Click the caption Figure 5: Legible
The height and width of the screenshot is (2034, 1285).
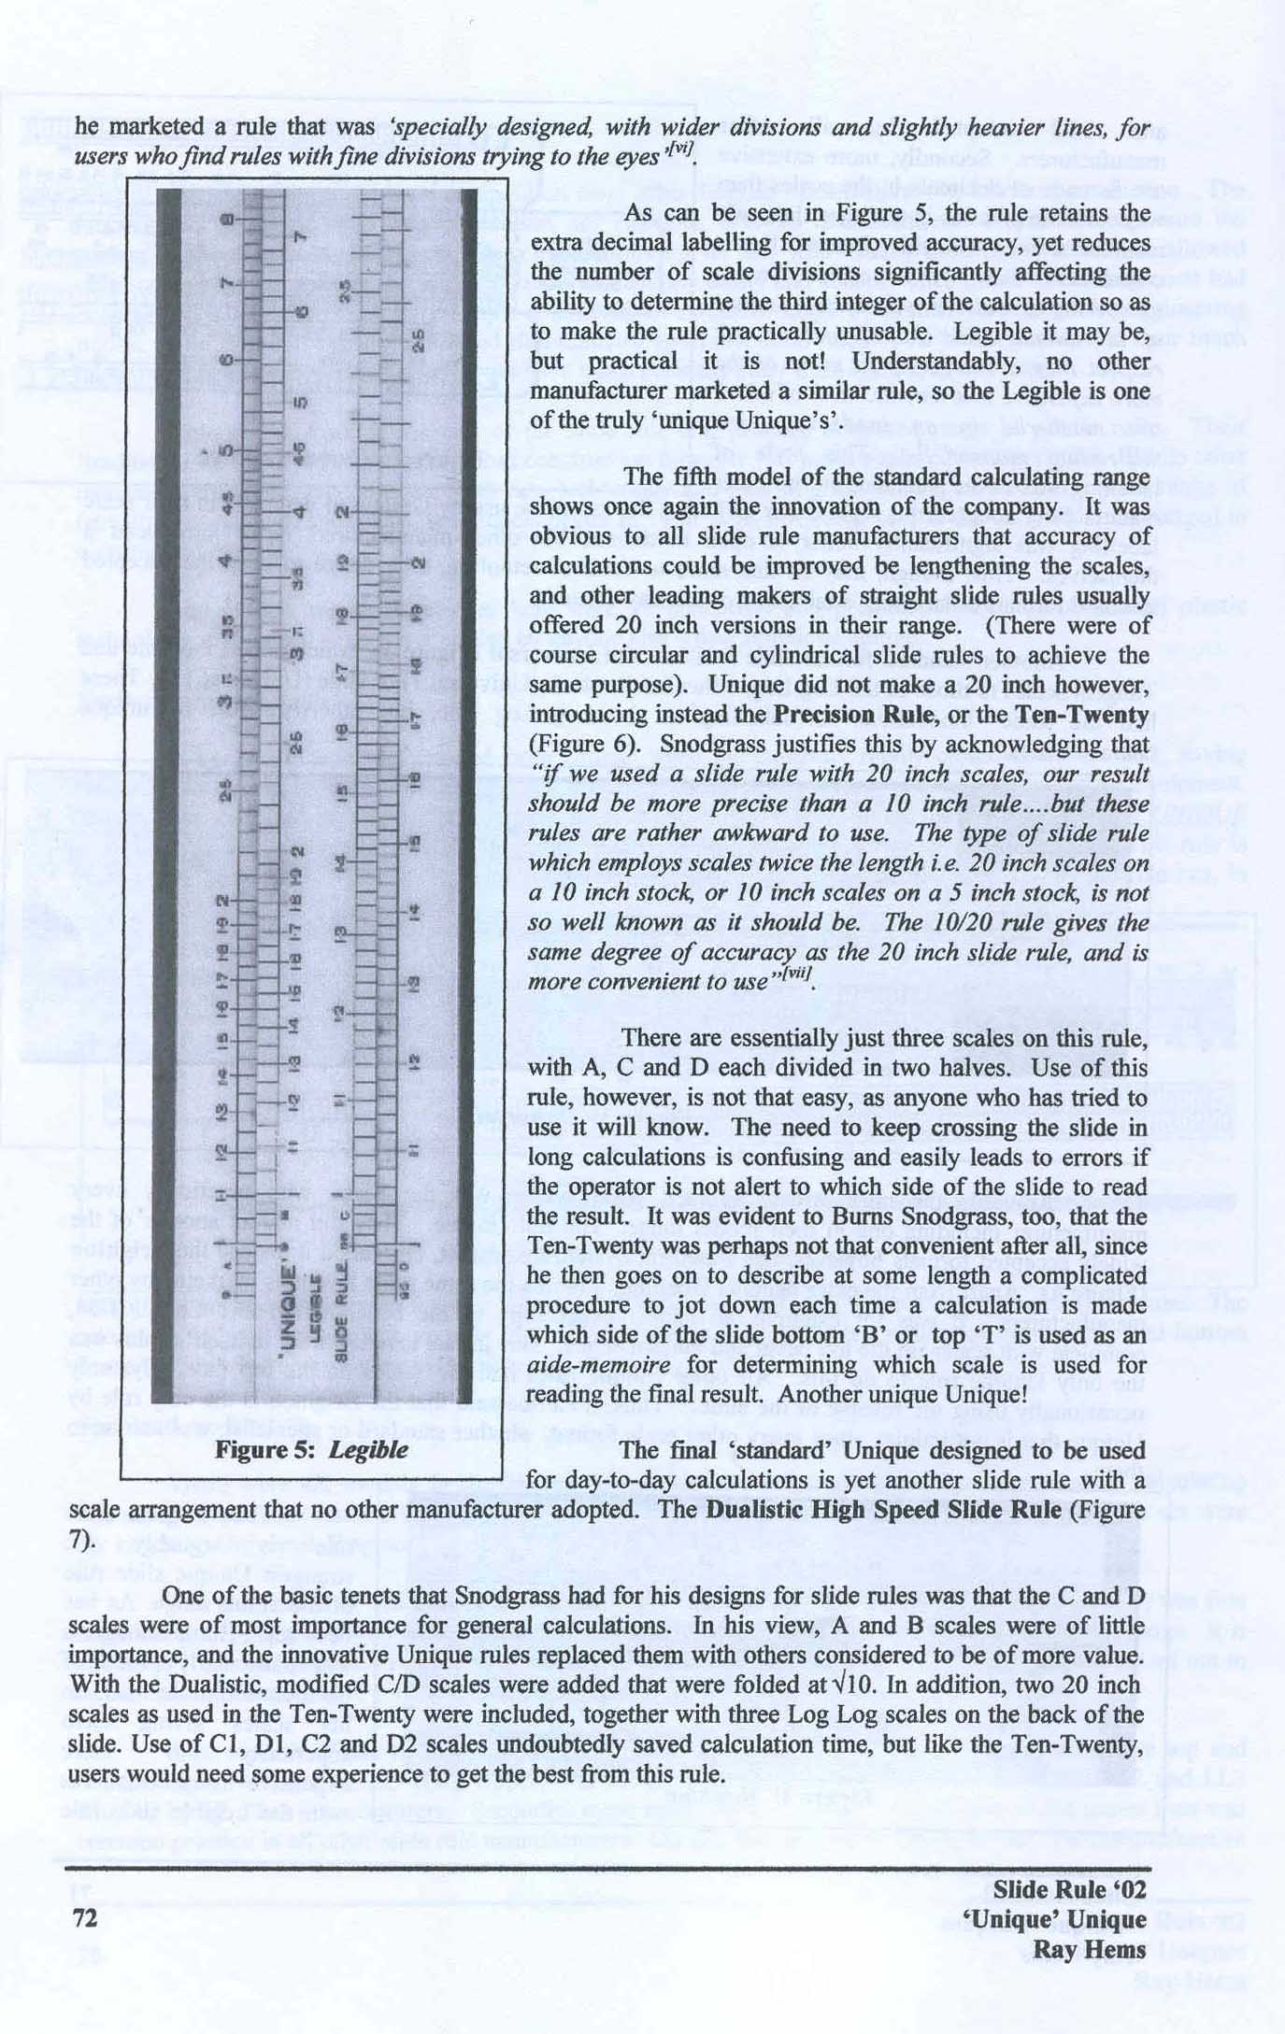pyautogui.click(x=311, y=1449)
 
